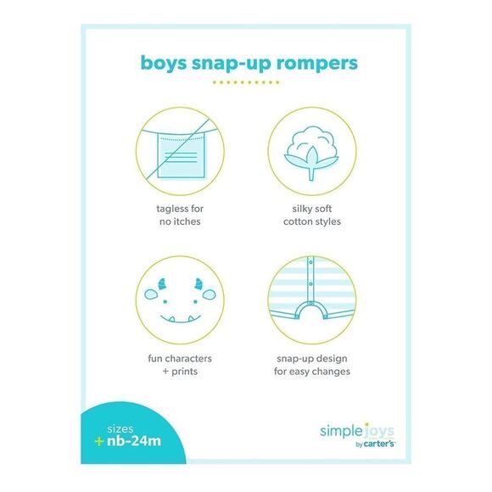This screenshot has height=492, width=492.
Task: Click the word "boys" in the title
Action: click(x=163, y=63)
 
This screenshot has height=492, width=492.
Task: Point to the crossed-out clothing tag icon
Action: click(x=180, y=151)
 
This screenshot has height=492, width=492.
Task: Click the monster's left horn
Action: click(x=162, y=283)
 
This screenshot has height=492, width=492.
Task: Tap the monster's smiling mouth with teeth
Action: click(x=181, y=318)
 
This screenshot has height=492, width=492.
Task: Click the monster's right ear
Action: click(x=209, y=294)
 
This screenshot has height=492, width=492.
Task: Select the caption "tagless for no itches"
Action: click(x=180, y=215)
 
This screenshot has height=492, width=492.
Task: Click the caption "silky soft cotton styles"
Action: click(x=312, y=215)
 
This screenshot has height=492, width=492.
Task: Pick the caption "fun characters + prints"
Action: click(x=180, y=365)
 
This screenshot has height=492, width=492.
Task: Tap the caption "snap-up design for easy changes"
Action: click(x=312, y=365)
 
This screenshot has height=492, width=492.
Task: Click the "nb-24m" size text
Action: click(x=134, y=441)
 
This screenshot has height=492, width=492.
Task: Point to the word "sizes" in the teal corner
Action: click(x=120, y=429)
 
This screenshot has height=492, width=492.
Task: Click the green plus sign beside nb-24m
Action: click(x=99, y=441)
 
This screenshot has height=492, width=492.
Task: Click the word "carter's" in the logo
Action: click(x=379, y=444)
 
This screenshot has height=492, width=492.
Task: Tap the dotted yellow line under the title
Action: click(x=246, y=82)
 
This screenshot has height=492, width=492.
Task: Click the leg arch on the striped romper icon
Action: click(x=310, y=310)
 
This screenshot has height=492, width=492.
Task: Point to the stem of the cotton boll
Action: click(x=311, y=174)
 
